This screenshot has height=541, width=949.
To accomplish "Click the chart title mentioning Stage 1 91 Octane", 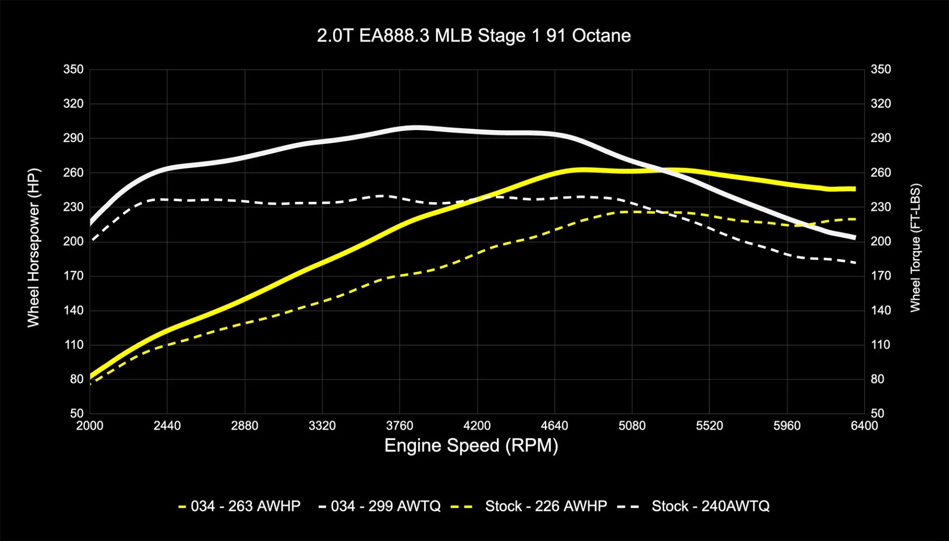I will point(474,36).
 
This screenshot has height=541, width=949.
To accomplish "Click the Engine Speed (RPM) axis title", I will point(471,446).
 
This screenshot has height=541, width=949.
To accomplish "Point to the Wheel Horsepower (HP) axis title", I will point(33,247).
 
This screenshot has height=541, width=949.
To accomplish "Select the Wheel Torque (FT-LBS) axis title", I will point(915,247).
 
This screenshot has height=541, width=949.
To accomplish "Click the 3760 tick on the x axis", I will point(399,426).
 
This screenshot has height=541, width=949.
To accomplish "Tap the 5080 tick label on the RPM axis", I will point(632,426).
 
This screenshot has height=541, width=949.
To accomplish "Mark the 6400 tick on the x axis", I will point(864,426).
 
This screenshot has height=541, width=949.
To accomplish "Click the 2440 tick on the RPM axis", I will point(167,426).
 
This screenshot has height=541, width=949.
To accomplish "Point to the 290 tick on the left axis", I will point(73,138).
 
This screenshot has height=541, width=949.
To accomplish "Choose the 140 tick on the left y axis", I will point(73,311).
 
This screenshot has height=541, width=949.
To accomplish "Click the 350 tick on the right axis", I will point(880,69).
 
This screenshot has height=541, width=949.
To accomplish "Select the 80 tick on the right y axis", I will point(877,379).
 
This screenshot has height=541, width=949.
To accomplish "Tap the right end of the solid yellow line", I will point(855,189).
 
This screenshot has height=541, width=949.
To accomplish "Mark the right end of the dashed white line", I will point(855,263).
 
